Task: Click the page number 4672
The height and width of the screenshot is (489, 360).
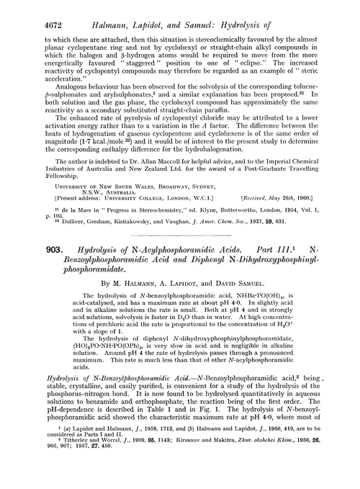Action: coord(23,9)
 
